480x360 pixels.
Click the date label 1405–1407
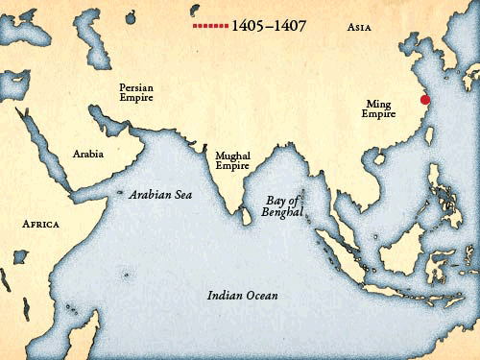click(x=269, y=26)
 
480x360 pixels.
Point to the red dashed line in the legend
click(x=210, y=26)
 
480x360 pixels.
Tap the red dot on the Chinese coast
click(x=425, y=99)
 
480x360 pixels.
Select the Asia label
click(x=362, y=28)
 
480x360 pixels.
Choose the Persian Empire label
click(x=136, y=92)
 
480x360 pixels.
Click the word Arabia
click(x=88, y=153)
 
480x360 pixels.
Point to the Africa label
click(x=40, y=224)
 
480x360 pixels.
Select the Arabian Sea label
click(x=161, y=194)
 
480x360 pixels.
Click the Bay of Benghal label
click(x=282, y=205)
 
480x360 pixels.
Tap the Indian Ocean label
click(x=243, y=296)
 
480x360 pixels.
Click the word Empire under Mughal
click(x=232, y=166)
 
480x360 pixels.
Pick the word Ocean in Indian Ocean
click(x=261, y=296)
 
